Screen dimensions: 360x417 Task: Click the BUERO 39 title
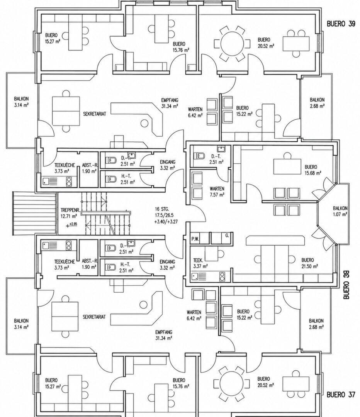(341, 24)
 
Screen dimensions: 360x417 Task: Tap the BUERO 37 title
(341, 394)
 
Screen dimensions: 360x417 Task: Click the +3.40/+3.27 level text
(166, 222)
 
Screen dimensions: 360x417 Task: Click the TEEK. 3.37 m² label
(200, 263)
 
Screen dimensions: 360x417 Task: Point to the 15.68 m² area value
(313, 173)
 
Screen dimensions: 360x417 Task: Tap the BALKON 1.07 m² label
(340, 211)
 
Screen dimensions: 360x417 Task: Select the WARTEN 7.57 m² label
(217, 192)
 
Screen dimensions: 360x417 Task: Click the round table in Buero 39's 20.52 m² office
(232, 44)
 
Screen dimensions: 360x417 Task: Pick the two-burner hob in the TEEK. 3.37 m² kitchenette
(222, 276)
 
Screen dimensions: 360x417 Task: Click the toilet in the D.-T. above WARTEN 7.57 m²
(200, 155)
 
